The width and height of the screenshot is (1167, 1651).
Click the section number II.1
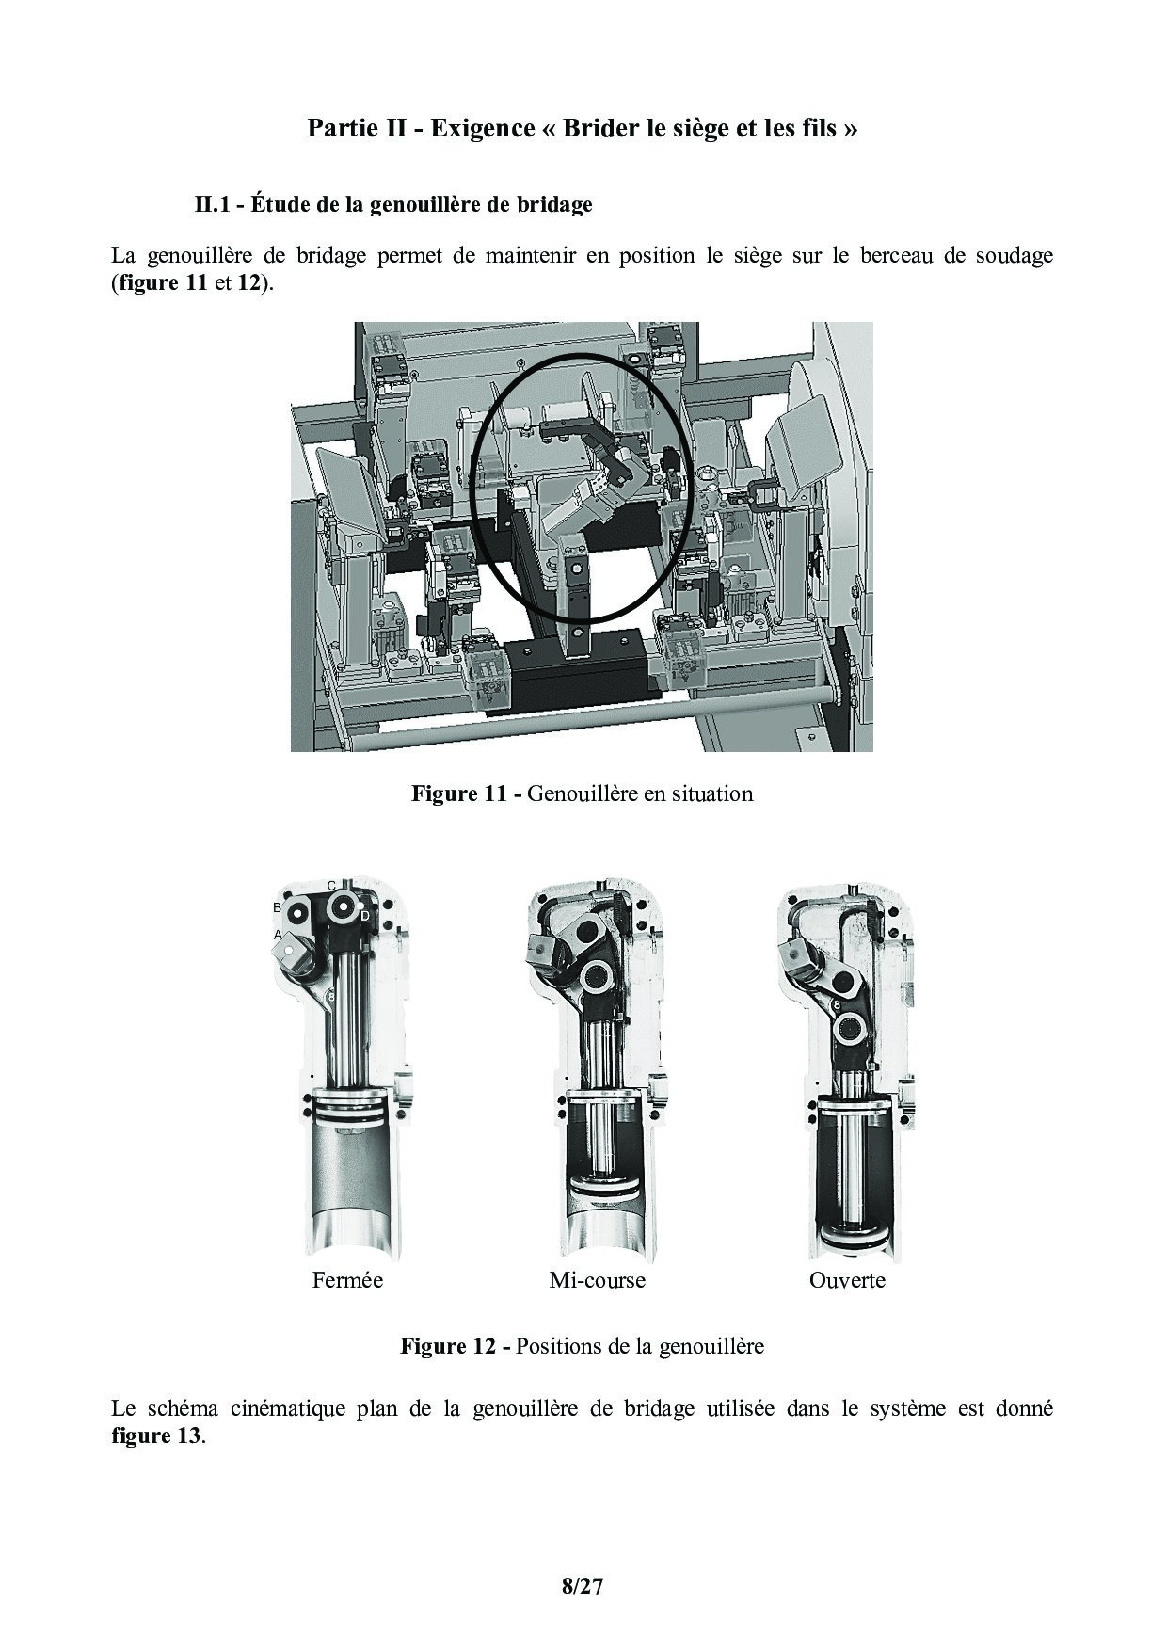click(x=217, y=204)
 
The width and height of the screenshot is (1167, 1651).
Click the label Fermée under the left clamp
click(x=347, y=1280)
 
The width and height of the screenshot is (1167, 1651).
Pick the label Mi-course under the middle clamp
click(x=597, y=1280)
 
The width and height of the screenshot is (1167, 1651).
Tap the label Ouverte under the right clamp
click(x=847, y=1280)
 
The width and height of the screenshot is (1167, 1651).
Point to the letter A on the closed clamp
click(x=278, y=935)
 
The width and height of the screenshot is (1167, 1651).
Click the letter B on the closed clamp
click(x=277, y=907)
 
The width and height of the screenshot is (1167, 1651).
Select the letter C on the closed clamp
click(x=331, y=886)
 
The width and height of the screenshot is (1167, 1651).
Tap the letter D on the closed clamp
click(x=364, y=915)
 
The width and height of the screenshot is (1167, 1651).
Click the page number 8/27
click(x=582, y=1587)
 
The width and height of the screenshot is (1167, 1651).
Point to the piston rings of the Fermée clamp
click(x=354, y=1106)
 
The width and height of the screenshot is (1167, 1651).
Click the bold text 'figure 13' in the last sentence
click(x=155, y=1436)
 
